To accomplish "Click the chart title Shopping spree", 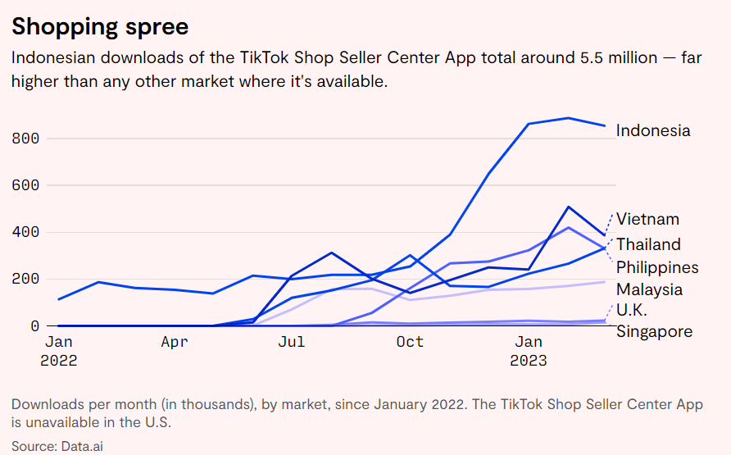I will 100,26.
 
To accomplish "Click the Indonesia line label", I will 653,130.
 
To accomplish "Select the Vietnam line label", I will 647,219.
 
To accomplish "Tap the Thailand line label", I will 648,244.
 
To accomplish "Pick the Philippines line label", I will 657,267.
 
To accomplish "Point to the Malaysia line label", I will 649,289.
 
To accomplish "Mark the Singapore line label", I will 654,331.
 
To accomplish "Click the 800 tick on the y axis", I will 25,139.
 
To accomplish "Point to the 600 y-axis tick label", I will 25,185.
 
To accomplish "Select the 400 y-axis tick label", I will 25,232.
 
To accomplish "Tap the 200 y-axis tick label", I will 25,279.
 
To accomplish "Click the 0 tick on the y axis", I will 34,325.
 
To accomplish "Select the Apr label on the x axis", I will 175,342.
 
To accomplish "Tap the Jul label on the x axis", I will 292,342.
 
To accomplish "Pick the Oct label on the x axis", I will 409,342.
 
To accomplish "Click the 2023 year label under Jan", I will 528,361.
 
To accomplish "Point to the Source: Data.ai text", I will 57,446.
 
